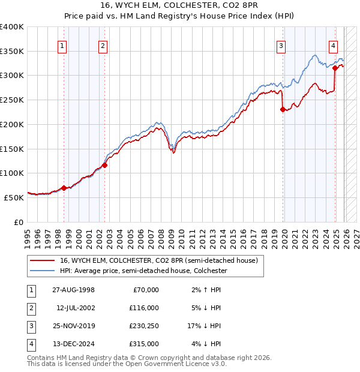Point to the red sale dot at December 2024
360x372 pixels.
335,68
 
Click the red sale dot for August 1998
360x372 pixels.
64,188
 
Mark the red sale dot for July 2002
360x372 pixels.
104,165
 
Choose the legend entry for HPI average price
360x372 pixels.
143,271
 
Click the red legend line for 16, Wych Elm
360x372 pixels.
43,260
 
